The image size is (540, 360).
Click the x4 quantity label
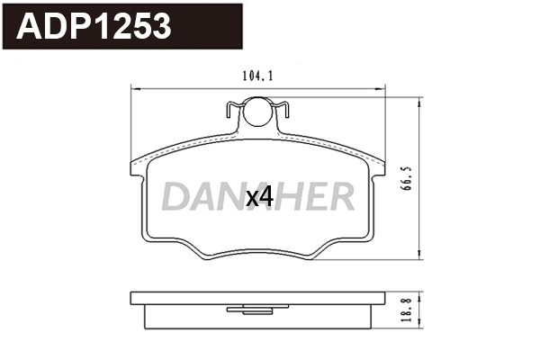click(x=259, y=197)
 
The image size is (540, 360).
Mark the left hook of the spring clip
click(x=230, y=112)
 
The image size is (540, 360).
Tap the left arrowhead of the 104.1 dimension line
click(x=136, y=88)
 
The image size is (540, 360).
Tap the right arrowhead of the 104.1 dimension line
click(x=382, y=88)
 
